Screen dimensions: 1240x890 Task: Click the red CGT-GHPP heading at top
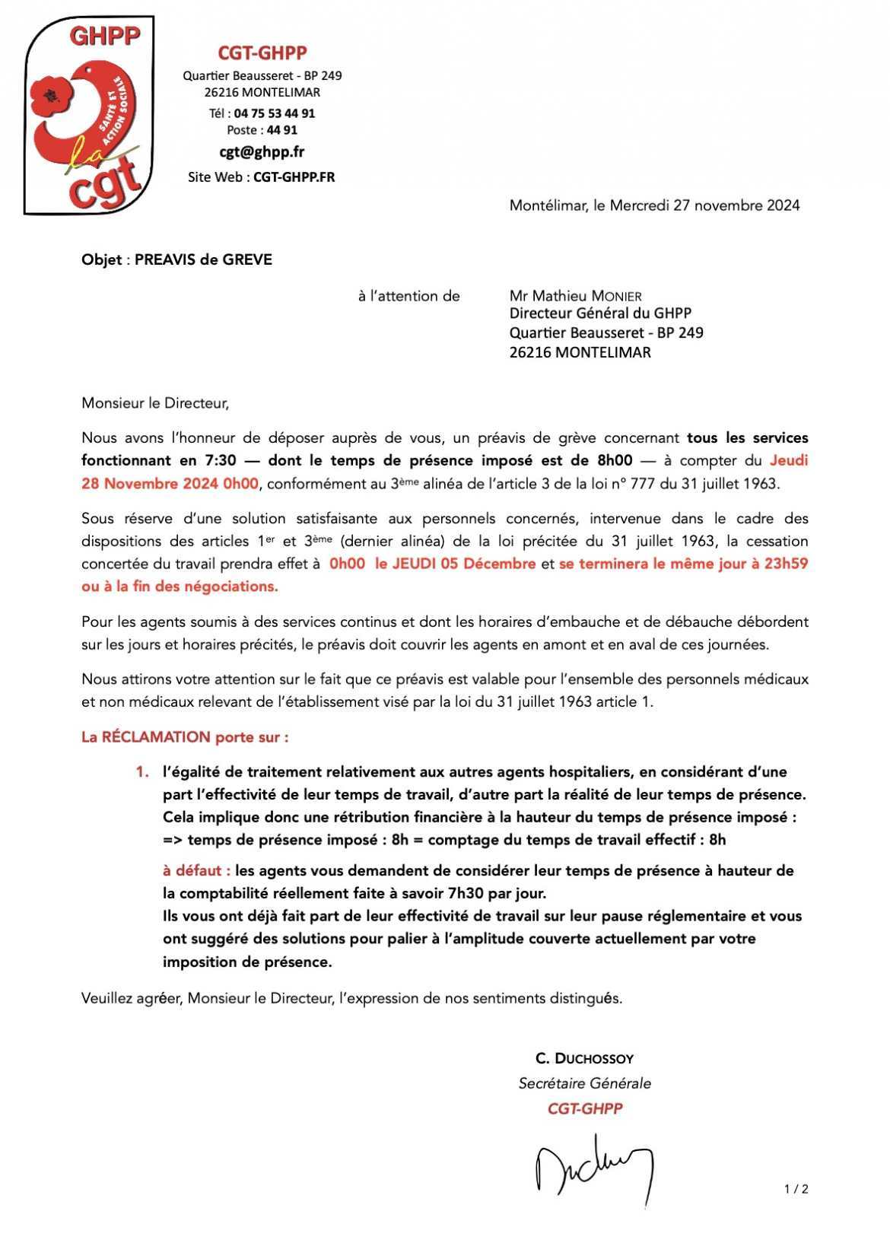coord(262,52)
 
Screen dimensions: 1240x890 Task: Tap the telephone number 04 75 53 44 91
coord(274,113)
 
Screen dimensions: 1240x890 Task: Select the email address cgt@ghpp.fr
coord(262,151)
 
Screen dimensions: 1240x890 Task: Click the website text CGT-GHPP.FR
coord(294,177)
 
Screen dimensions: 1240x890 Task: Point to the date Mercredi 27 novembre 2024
coord(704,205)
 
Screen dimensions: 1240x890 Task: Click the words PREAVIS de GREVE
coord(203,259)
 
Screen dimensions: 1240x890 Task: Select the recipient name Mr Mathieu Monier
coord(575,296)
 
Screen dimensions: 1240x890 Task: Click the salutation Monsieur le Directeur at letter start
coord(155,403)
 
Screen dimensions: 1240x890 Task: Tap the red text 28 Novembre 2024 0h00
coord(170,484)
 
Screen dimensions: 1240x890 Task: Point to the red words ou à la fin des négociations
coord(180,587)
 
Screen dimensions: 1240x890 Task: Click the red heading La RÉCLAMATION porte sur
coord(185,737)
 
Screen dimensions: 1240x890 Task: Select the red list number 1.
coord(141,772)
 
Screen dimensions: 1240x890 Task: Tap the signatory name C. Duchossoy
coord(584,1058)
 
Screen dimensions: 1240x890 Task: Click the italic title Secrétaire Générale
coord(584,1083)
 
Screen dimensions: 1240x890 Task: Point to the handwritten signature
coord(593,1168)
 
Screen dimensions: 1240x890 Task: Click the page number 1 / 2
coord(796,1189)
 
